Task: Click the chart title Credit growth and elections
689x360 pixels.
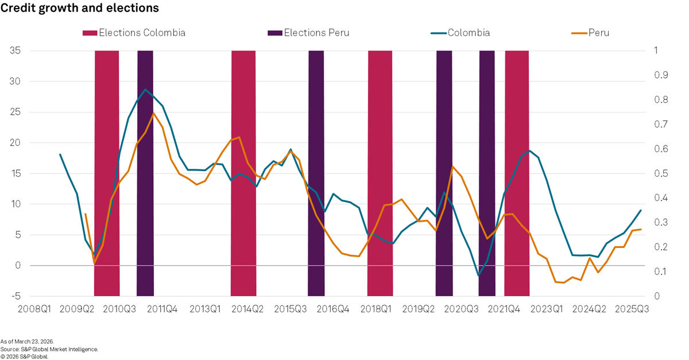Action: [80, 8]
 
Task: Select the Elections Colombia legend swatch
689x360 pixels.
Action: [90, 33]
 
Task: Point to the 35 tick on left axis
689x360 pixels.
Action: [15, 51]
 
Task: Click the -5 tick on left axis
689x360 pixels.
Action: [15, 296]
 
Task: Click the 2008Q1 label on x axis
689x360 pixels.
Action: [34, 309]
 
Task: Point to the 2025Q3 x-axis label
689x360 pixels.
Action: [632, 309]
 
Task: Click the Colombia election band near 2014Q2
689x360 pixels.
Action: [243, 172]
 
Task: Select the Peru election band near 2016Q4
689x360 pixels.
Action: [316, 172]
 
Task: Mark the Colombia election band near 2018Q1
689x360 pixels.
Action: [380, 172]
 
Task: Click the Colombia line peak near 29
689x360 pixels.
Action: [146, 90]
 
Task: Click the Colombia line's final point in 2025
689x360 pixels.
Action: [641, 210]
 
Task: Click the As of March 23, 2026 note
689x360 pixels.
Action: [27, 342]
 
